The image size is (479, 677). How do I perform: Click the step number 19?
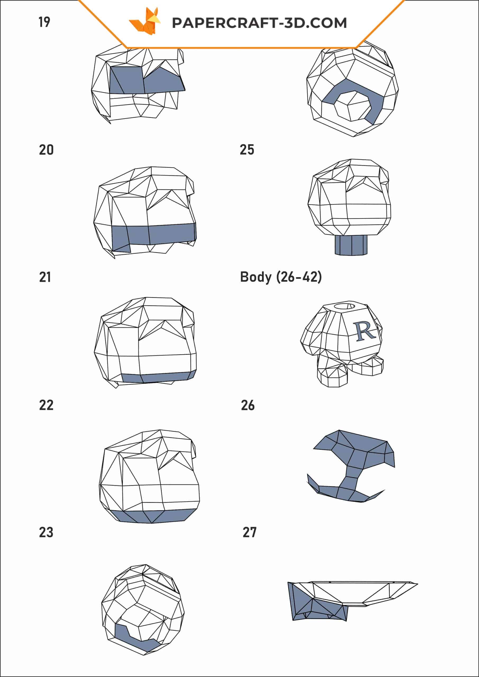coord(44,22)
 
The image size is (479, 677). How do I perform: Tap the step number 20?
coord(46,150)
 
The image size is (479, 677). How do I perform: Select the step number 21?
coord(45,277)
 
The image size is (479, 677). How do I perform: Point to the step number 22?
coord(46,405)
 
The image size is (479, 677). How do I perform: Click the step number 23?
coord(46,533)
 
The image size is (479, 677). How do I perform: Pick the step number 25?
coord(247,150)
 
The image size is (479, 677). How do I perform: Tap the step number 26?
coord(248,405)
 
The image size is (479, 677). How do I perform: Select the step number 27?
coord(249,533)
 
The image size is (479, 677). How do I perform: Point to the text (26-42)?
coord(299,277)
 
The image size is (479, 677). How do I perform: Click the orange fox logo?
coord(145,21)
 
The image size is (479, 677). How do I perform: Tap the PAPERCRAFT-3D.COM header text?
coord(259,23)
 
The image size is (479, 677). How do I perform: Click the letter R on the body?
coord(365,331)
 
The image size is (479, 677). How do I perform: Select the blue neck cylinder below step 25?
coord(351,245)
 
